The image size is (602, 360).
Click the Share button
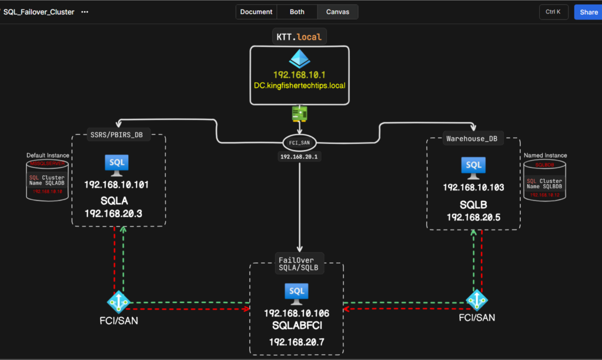[588, 12]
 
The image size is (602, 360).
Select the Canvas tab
[338, 12]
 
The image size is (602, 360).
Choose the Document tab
[256, 12]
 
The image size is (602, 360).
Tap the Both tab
[297, 12]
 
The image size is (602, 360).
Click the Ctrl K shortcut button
[553, 12]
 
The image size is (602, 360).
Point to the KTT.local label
[299, 37]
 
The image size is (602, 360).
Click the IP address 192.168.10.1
[299, 75]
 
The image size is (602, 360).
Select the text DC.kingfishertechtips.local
[299, 85]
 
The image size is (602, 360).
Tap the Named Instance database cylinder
[544, 180]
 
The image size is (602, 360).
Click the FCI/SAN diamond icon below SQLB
[476, 299]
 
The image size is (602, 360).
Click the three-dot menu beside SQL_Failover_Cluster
[85, 12]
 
